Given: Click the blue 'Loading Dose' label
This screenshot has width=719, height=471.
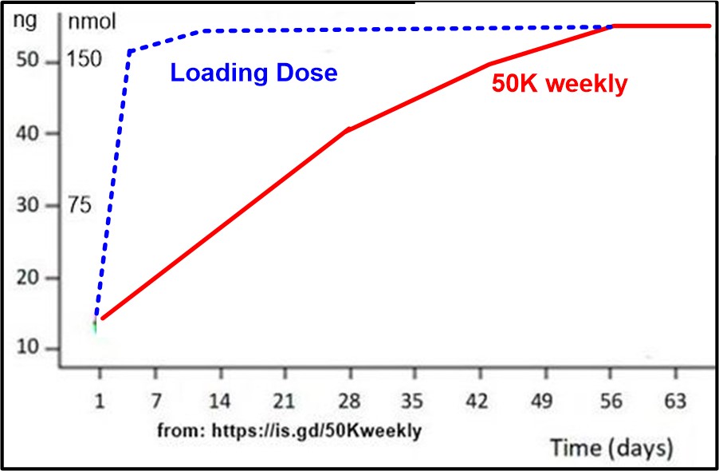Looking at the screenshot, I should tap(253, 73).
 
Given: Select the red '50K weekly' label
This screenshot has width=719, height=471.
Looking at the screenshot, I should tap(559, 84).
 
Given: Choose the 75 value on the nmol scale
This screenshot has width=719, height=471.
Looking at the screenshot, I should tap(80, 206).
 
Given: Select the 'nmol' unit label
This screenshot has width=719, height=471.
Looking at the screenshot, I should tap(92, 22).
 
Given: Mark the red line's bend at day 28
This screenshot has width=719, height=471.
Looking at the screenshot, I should tap(348, 129).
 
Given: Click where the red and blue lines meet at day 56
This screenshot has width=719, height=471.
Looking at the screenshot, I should tap(612, 26).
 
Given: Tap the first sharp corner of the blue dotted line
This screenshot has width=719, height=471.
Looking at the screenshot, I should tap(128, 52).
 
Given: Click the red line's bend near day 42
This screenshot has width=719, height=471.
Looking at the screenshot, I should tap(489, 64).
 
